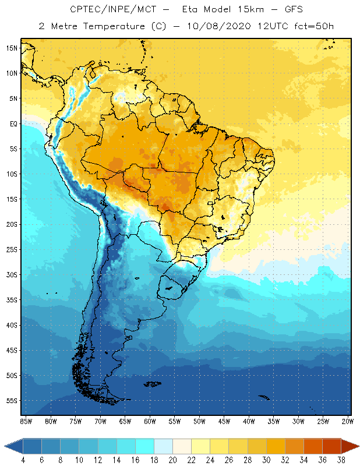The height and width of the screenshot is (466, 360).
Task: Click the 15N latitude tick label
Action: tap(12, 48)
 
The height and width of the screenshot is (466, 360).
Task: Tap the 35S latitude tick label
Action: tap(12, 300)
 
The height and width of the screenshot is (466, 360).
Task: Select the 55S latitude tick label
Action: tap(12, 401)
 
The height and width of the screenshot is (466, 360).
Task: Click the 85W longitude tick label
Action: tap(26, 421)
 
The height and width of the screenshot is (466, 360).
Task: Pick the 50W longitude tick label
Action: tap(199, 421)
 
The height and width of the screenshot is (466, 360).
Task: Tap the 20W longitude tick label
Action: tap(347, 421)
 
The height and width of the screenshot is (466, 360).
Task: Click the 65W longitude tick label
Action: tap(125, 421)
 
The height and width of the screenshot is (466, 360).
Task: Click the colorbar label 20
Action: tap(172, 460)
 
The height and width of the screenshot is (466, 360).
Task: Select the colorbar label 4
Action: tap(23, 460)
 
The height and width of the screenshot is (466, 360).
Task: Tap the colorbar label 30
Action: tap(266, 460)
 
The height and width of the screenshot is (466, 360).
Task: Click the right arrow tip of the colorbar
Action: tap(358, 446)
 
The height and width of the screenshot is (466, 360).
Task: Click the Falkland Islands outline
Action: tap(153, 383)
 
